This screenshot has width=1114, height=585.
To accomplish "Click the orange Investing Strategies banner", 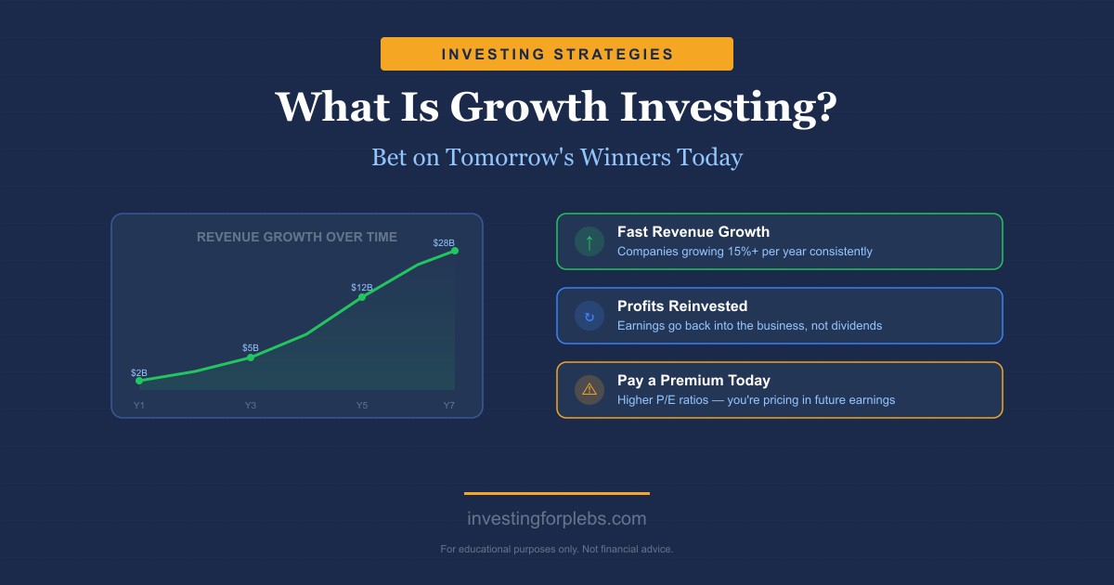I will pos(557,54).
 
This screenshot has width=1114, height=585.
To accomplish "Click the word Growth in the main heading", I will pos(527,107).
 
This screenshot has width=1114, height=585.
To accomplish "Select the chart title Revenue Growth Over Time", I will pos(297,237).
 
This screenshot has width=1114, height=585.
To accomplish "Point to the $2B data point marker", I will pos(139,381).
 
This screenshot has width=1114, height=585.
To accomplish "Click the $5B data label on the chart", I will pos(251,348).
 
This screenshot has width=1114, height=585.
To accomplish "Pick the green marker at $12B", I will pos(362,296).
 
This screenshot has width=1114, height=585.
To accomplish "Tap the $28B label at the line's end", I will pos(445,243).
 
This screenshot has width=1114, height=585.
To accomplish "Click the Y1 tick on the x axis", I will pos(139,405).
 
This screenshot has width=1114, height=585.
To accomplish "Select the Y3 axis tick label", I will pos(251,405).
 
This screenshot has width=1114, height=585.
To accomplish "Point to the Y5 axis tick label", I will pos(362,405).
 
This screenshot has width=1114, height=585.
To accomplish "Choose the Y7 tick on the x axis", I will pos(449,405).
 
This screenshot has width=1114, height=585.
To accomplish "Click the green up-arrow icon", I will pos(589,242).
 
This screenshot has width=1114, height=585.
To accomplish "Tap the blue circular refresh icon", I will pos(589,317).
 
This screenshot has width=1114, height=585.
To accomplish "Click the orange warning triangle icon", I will pos(589,390).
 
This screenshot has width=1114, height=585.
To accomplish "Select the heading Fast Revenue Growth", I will pos(693,232).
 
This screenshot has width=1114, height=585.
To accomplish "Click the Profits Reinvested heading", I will pos(681,306).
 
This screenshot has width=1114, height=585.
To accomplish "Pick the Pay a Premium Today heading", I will pos(693,381).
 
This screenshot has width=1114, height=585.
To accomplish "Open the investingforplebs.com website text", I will pos(557,519).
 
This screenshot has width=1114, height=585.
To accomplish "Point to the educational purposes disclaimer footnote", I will pos(557,550).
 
